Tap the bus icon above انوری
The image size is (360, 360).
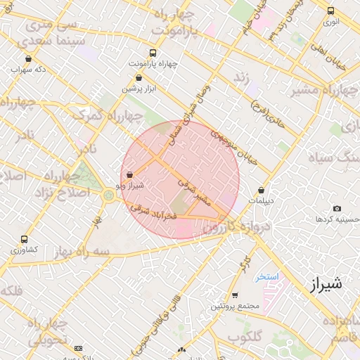click(x=330, y=11)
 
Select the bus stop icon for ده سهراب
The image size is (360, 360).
click(x=28, y=59)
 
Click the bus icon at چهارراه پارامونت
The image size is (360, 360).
click(x=153, y=53)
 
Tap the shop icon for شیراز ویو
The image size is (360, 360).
click(x=129, y=174)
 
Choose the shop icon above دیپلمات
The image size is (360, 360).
click(x=262, y=190)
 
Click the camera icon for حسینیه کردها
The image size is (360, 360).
click(x=337, y=209)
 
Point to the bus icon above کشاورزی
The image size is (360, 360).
click(x=25, y=239)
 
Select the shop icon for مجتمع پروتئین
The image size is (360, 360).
click(x=235, y=295)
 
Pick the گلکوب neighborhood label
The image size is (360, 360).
click(x=245, y=336)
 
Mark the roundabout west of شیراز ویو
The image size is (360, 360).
click(x=108, y=194)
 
